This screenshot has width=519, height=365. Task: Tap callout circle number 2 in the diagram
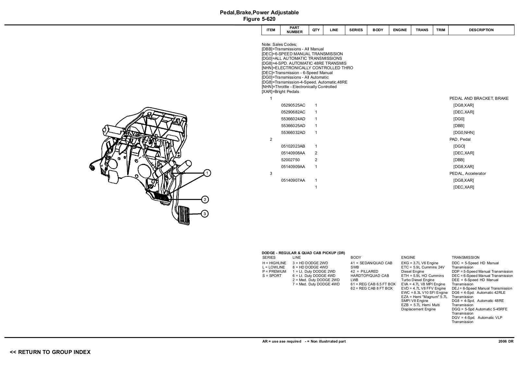(x=205, y=200)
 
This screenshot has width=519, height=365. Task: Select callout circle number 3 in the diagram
(x=205, y=214)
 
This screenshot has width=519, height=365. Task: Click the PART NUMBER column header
(x=294, y=30)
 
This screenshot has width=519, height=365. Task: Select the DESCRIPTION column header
(x=481, y=30)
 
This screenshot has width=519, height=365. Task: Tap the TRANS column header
(x=422, y=30)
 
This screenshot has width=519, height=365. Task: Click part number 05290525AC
(x=293, y=105)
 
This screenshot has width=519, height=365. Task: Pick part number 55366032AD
(x=293, y=133)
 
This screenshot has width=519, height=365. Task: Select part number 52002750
(x=290, y=160)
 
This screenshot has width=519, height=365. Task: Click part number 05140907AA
(x=293, y=180)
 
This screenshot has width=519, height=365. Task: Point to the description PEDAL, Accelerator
(x=467, y=174)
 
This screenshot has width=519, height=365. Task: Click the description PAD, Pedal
(x=460, y=139)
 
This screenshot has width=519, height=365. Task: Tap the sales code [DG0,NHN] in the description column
(x=464, y=133)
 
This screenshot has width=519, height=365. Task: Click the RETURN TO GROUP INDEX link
(x=50, y=352)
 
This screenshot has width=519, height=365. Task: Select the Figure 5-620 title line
(x=259, y=19)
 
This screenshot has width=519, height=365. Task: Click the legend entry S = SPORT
(x=272, y=276)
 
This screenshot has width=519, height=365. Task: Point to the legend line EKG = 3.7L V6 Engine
(x=419, y=263)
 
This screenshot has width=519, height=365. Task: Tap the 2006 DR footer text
(x=506, y=341)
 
